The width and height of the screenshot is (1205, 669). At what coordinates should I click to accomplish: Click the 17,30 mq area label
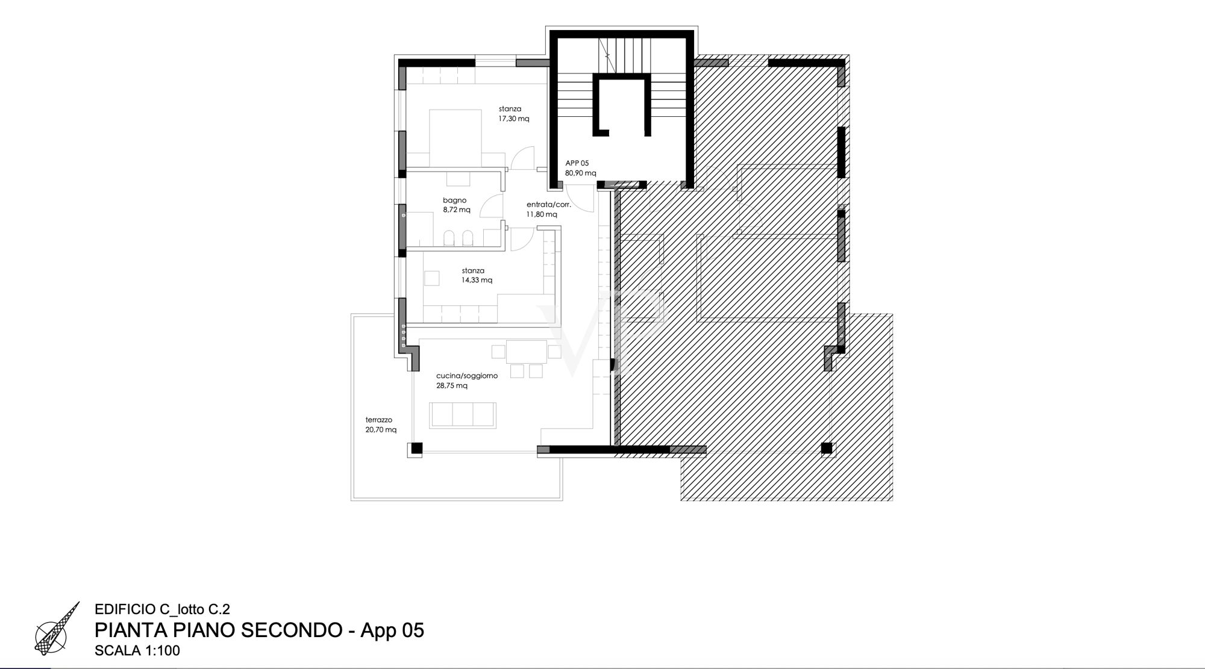[x=513, y=119]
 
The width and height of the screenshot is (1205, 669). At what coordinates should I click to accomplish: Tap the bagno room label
[x=454, y=201]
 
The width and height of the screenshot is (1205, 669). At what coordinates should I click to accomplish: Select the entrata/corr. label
[x=548, y=205]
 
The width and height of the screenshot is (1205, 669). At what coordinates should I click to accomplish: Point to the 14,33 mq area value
[x=477, y=280]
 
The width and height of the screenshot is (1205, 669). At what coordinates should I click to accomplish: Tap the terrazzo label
[x=378, y=420]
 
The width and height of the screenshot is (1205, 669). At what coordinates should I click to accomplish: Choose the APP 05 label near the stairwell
[x=577, y=163]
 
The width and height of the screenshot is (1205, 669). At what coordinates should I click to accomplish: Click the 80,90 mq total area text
[x=580, y=173]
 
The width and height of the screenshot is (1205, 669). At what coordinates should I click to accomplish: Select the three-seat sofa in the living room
[x=463, y=415]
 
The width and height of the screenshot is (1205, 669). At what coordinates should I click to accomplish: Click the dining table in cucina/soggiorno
[x=527, y=352]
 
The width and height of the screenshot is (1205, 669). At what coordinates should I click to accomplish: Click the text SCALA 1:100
[x=137, y=651]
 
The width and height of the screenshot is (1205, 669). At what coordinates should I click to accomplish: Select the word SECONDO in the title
[x=292, y=630]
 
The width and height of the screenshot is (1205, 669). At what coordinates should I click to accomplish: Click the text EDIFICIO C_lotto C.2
[x=163, y=609]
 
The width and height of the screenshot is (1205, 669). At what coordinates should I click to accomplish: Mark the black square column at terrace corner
[x=416, y=449]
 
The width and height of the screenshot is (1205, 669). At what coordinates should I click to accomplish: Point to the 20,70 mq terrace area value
[x=381, y=430]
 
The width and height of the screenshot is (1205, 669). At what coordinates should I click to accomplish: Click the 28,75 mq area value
[x=452, y=386]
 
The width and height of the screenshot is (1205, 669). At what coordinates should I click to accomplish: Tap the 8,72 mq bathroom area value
[x=457, y=210]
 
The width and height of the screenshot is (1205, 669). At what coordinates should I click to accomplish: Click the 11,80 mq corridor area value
[x=542, y=214]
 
